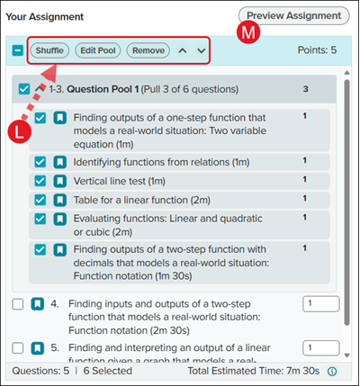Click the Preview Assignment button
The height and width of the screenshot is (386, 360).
coord(293,15)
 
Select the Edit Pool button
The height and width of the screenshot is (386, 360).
coord(98,50)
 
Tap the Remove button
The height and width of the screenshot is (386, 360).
coord(148,50)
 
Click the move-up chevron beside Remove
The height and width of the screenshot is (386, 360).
coord(183,50)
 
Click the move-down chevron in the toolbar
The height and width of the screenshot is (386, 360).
coord(202,50)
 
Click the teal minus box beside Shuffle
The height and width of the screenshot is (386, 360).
coord(18,50)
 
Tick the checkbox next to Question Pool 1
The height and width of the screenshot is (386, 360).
coord(24,89)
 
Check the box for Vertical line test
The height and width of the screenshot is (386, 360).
coord(40,181)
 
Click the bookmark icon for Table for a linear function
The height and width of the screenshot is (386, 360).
coord(60,200)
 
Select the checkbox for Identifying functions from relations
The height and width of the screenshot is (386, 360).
coord(40,162)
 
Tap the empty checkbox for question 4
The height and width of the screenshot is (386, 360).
coord(18,304)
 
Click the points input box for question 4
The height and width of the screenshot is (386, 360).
coord(321,304)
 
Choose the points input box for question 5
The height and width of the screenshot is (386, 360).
coord(321,348)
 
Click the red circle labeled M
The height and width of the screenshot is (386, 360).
coord(248,32)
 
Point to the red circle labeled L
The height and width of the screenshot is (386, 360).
coord(20,131)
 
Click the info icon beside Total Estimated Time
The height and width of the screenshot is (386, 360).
coord(332,372)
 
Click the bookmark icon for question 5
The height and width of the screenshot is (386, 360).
coord(38,348)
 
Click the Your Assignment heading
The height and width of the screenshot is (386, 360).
coord(45,17)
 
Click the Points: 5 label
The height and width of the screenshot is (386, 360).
coord(317,50)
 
